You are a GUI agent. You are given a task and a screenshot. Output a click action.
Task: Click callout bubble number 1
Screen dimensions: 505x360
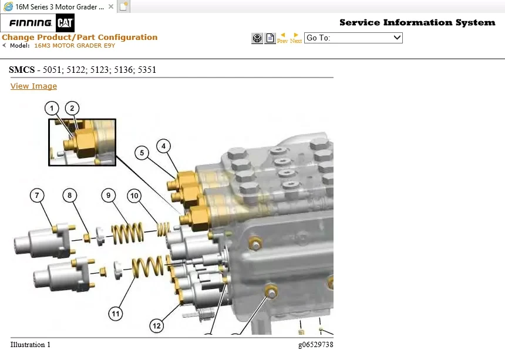click(x=52, y=109)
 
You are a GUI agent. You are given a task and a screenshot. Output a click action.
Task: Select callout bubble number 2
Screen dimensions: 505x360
click(x=72, y=108)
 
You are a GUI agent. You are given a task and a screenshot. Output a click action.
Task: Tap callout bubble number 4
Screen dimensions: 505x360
click(x=164, y=146)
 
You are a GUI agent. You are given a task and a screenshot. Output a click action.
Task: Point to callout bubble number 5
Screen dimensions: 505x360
click(x=142, y=153)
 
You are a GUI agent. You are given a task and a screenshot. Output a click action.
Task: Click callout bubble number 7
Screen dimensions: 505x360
click(x=37, y=196)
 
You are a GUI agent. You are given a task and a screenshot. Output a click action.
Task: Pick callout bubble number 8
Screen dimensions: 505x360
click(x=69, y=195)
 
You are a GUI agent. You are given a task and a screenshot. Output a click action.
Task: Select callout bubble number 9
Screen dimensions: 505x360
click(x=109, y=196)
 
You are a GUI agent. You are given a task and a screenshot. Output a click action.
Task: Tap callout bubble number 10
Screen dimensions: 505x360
click(x=134, y=196)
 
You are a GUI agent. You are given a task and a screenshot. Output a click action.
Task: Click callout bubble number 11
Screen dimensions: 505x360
click(x=116, y=314)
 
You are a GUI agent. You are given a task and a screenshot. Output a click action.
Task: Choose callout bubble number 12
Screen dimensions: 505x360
click(x=157, y=326)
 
